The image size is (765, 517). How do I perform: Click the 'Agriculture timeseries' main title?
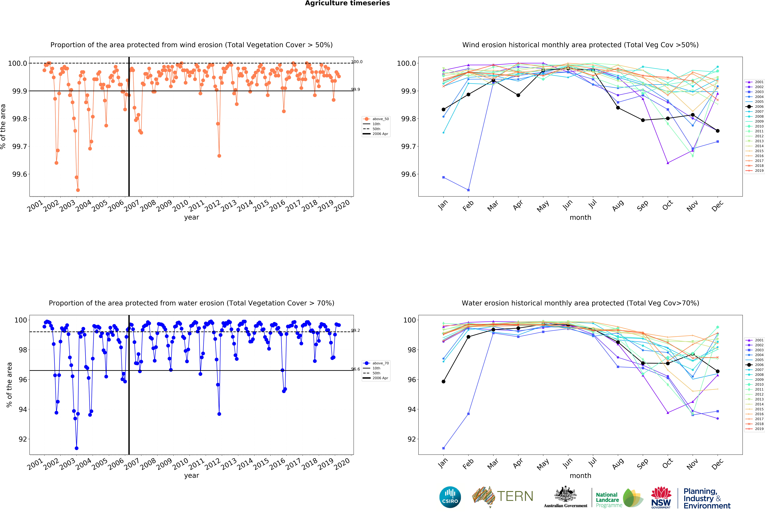347,3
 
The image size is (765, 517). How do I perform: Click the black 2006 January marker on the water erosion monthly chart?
443,382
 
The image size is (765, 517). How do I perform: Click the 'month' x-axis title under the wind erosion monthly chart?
580,217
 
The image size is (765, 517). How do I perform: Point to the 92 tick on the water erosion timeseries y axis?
22,439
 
